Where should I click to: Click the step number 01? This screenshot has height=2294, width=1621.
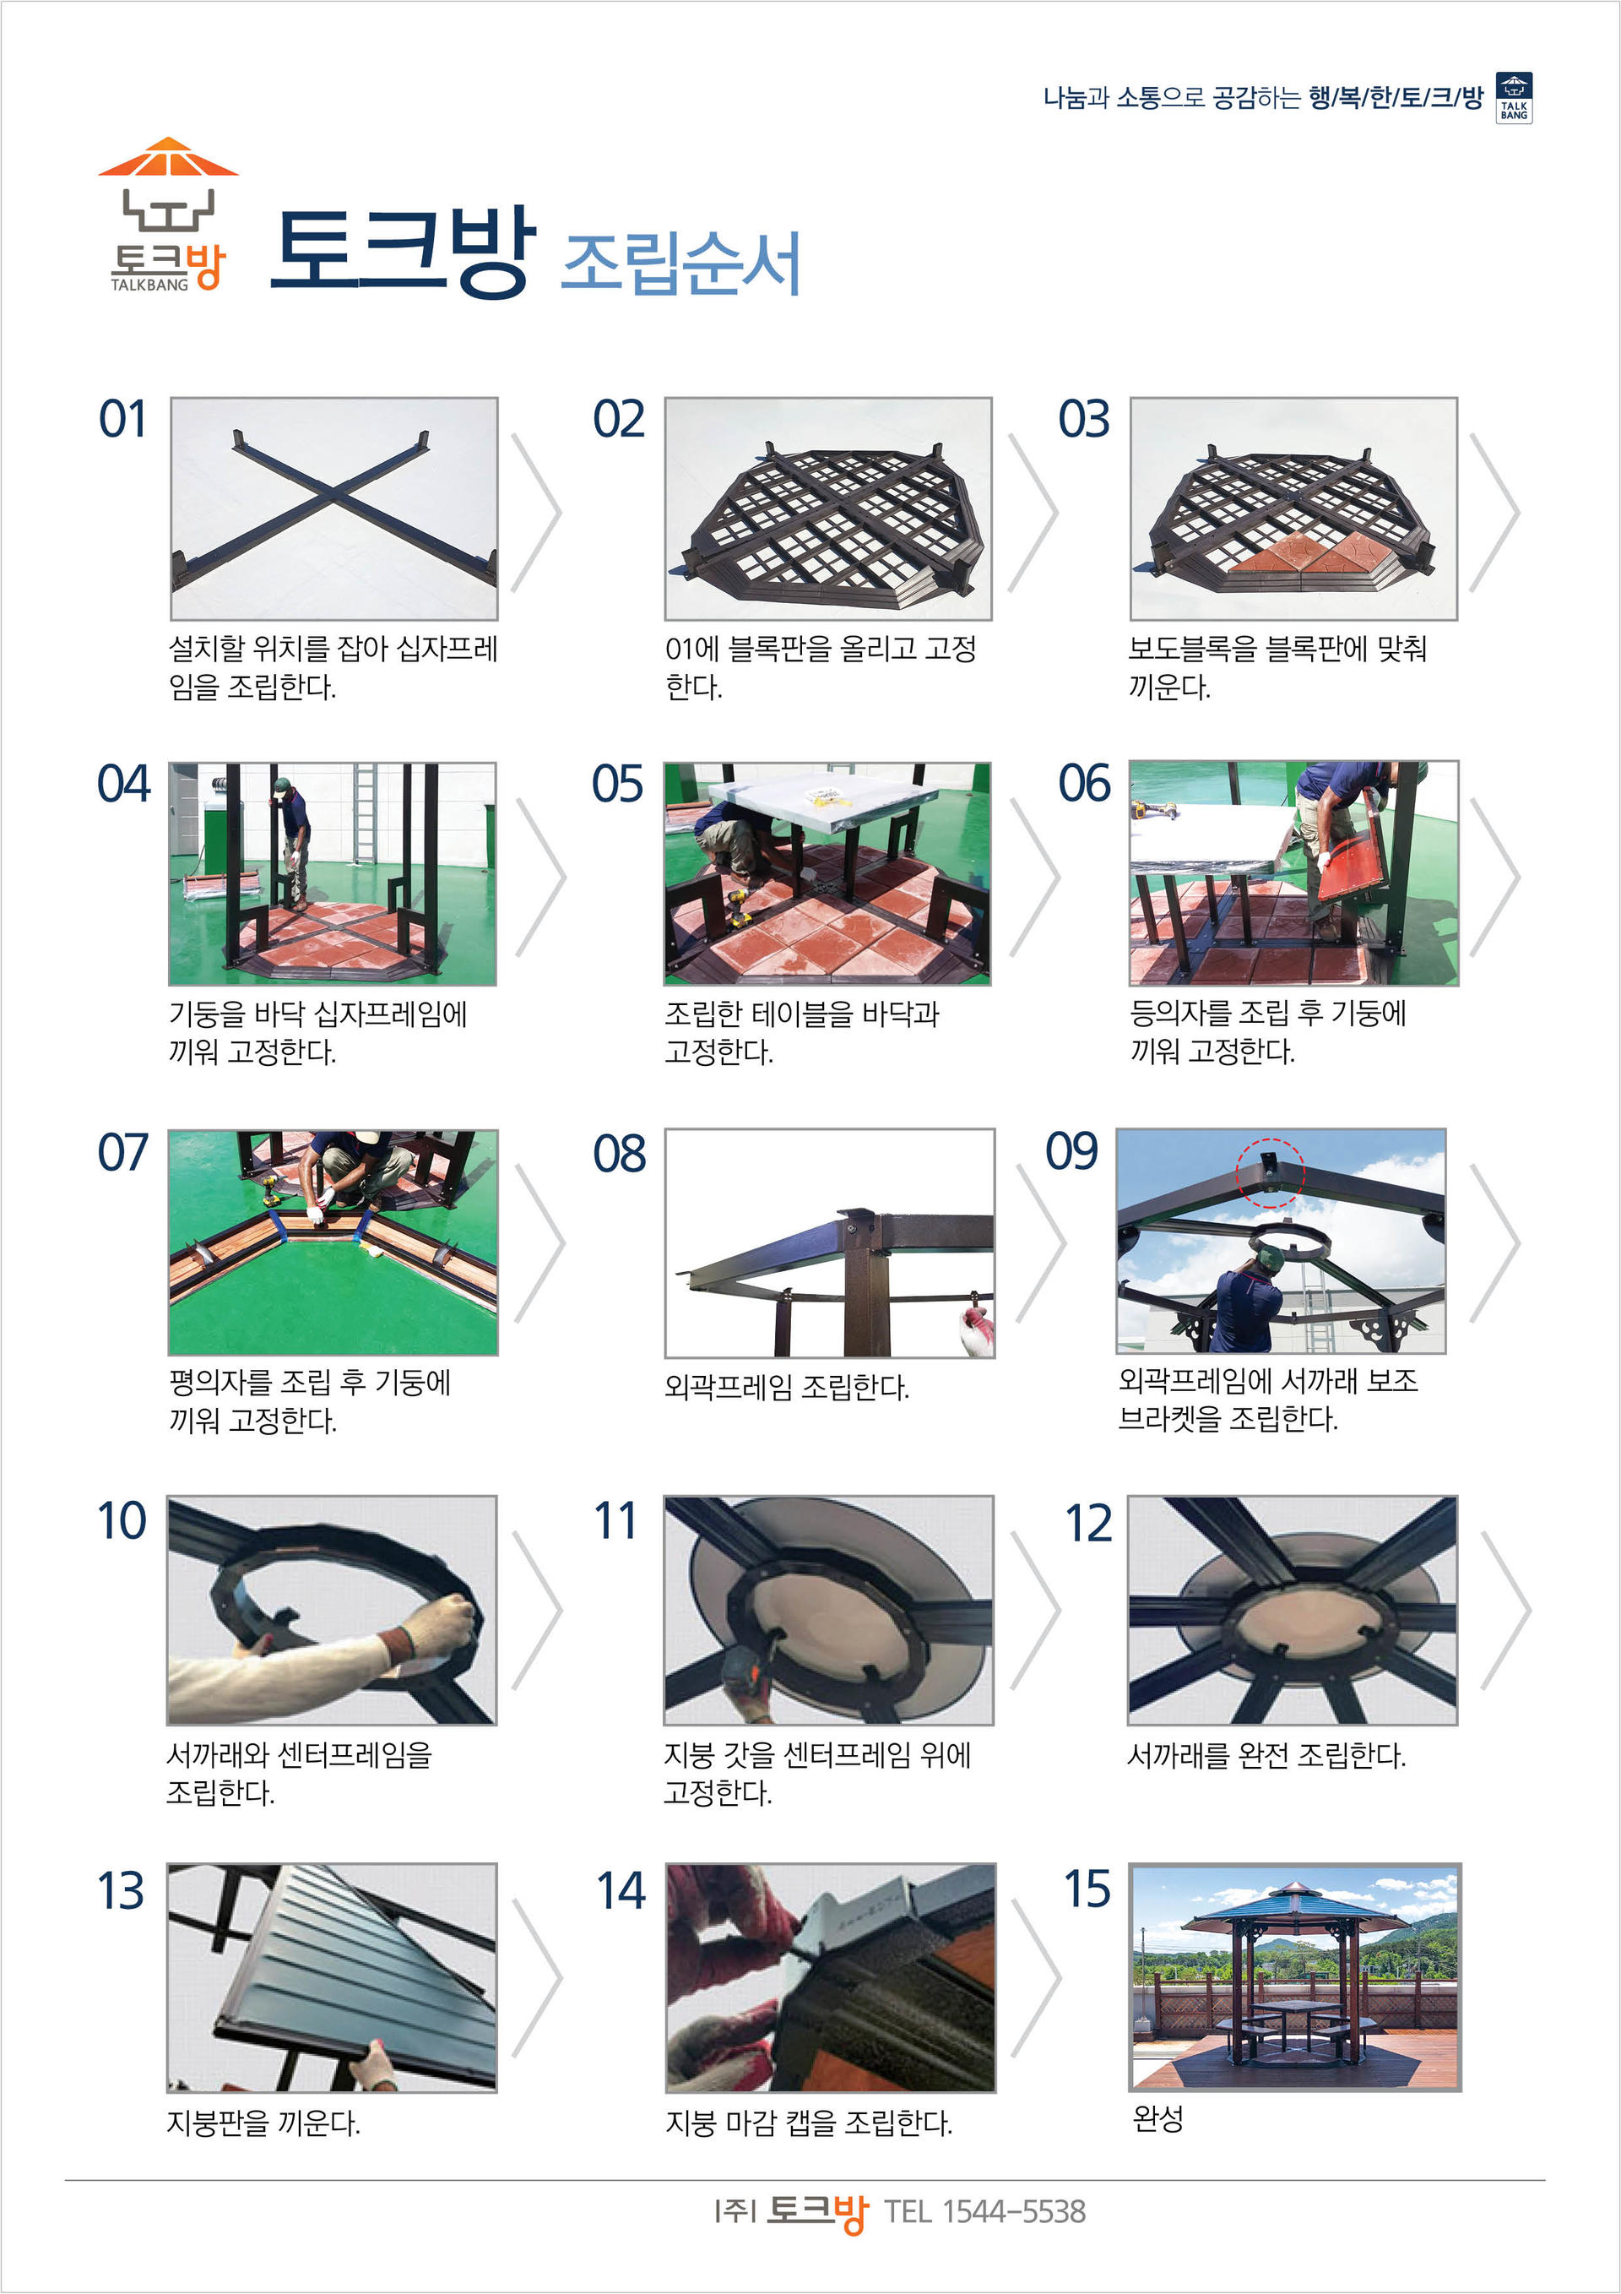click(x=122, y=420)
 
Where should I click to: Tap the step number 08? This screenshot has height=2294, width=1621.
click(x=619, y=1154)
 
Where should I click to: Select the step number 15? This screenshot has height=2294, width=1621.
click(x=1087, y=1889)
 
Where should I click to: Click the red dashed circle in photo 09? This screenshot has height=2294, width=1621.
click(x=1270, y=1172)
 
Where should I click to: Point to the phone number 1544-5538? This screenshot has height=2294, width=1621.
click(x=1013, y=2211)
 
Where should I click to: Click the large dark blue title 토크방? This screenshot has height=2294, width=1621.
click(x=404, y=252)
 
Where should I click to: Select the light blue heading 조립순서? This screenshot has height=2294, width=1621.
click(x=681, y=263)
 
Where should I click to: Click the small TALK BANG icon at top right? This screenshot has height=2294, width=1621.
click(x=1513, y=98)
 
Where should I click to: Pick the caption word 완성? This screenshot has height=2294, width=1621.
click(x=1157, y=2117)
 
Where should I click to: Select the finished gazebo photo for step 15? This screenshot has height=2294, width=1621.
click(x=1294, y=1977)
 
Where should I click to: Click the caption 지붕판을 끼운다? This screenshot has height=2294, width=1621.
click(x=263, y=2123)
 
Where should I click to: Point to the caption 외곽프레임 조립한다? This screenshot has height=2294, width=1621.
click(x=786, y=1387)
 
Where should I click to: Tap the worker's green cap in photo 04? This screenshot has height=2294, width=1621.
click(x=282, y=785)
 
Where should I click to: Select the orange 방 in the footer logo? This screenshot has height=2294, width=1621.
click(x=849, y=2214)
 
